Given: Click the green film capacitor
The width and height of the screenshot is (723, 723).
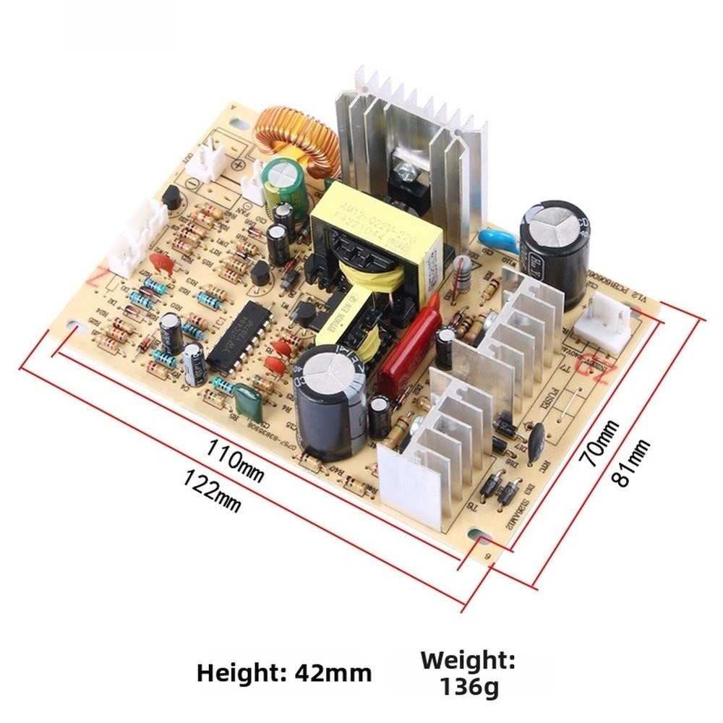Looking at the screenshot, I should pyautogui.click(x=248, y=401).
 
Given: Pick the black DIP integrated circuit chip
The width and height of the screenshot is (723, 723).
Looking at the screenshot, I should pyautogui.click(x=239, y=338).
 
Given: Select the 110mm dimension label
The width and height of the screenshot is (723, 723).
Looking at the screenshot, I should pyautogui.click(x=235, y=459).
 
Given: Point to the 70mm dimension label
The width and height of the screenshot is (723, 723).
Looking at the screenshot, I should pyautogui.click(x=602, y=443).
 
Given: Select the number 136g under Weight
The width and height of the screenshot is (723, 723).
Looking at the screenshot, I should pyautogui.click(x=469, y=686).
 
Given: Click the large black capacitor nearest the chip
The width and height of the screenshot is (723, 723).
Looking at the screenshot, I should pyautogui.click(x=329, y=400).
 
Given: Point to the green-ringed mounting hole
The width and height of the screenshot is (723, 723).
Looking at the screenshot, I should pyautogui.click(x=480, y=538).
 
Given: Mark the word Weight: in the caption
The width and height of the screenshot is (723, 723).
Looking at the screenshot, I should pyautogui.click(x=469, y=660).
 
